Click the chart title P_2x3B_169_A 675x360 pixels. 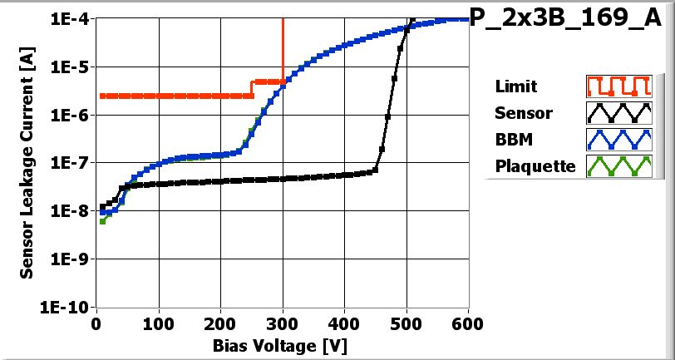click(570, 20)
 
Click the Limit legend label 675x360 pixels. click(515, 86)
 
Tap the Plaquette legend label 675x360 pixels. click(535, 165)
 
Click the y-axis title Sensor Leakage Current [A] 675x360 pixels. click(27, 163)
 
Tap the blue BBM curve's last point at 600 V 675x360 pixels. click(466, 19)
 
